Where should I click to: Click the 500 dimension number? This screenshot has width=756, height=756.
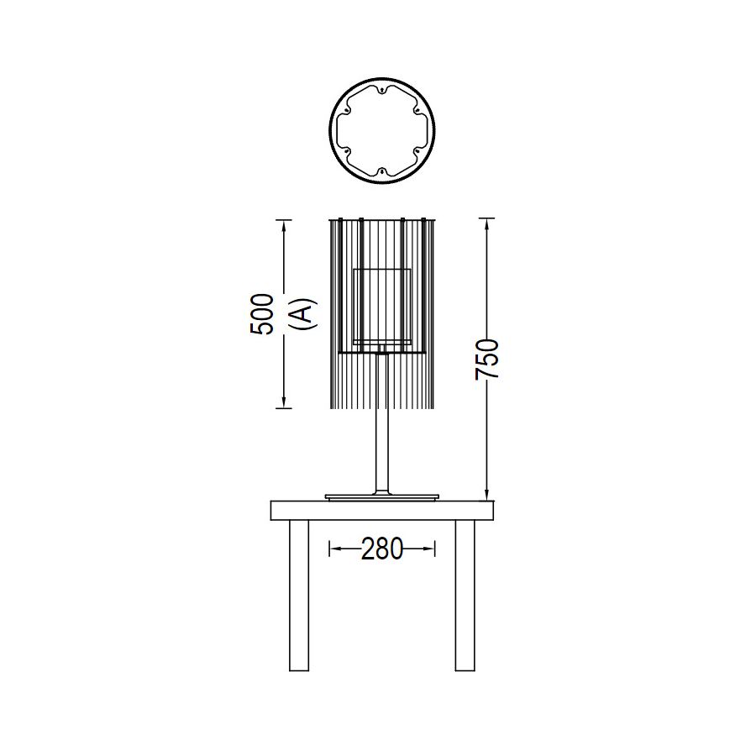[262, 314]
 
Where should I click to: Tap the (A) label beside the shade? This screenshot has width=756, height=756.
[305, 314]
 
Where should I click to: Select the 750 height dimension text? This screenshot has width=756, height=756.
[486, 360]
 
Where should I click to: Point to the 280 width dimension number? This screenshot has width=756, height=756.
[382, 549]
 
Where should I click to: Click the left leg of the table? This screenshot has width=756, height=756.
[299, 596]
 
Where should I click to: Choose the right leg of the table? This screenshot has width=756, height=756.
[465, 596]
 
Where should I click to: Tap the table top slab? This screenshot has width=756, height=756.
[382, 511]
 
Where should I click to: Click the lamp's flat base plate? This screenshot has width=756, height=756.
[382, 496]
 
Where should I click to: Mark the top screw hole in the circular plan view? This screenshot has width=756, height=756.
[382, 90]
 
